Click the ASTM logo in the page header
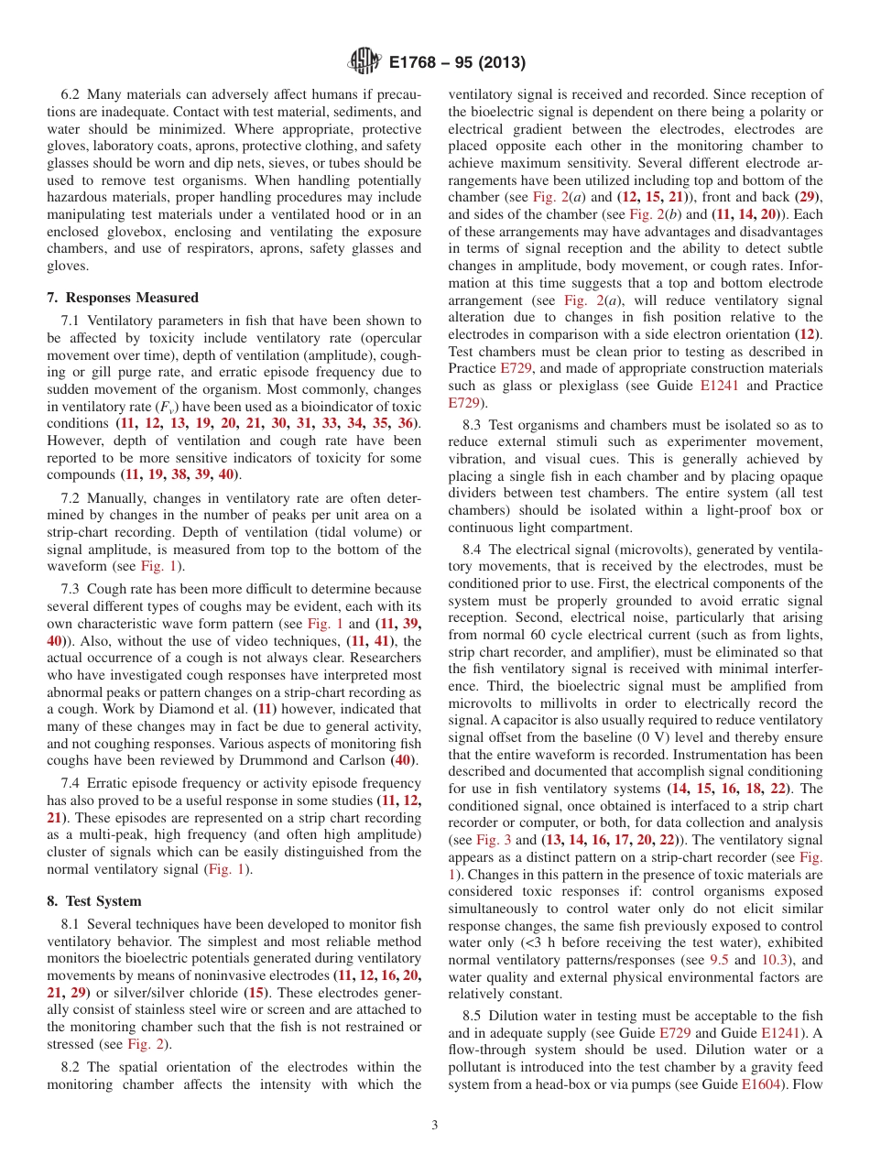tap(364, 62)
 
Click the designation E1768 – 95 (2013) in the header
tap(456, 62)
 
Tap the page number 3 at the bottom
tap(435, 1126)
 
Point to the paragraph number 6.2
tap(71, 94)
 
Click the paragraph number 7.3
tap(72, 589)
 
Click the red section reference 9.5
tap(720, 961)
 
